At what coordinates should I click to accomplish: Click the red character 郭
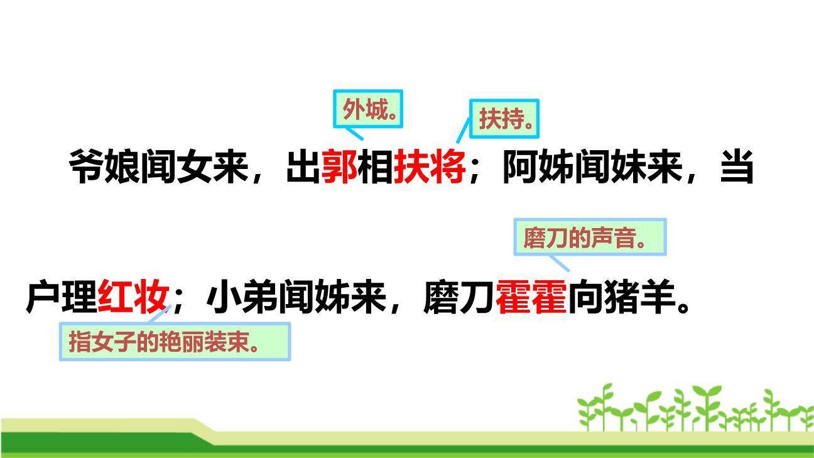339,166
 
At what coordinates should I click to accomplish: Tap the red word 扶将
429,166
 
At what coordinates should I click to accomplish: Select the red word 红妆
134,297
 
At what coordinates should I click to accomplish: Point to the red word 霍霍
531,297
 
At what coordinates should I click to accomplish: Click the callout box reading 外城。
368,109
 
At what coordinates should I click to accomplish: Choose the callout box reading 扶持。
505,118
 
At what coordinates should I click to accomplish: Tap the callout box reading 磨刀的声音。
590,237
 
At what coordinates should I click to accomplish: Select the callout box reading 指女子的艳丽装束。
175,342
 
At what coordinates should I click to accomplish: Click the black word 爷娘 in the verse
104,166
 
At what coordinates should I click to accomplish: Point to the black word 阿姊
538,166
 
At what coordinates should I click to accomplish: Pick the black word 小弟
242,297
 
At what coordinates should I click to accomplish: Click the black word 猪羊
640,297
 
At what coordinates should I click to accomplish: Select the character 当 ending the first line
736,166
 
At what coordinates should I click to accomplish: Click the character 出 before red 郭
303,166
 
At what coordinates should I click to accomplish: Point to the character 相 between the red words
375,166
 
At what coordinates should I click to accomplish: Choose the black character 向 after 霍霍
585,297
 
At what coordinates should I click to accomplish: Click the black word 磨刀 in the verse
459,297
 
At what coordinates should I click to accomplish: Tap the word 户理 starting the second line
62,297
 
